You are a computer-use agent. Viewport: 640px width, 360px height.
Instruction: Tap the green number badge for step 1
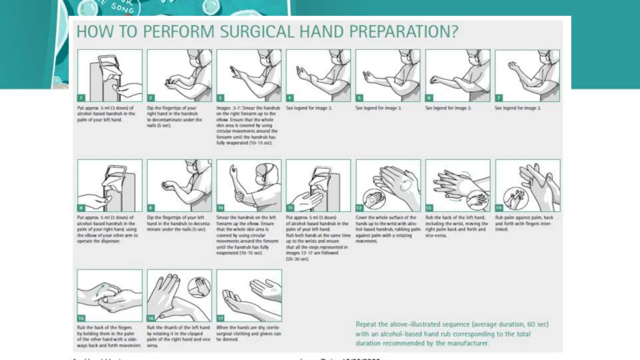pos(81,98)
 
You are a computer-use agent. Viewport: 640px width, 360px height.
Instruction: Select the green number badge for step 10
pos(221,208)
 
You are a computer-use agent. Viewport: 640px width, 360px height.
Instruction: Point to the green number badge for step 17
pos(221,318)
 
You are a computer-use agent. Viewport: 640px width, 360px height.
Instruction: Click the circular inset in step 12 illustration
pos(374,199)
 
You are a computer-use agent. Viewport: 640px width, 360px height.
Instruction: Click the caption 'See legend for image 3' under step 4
pos(309,108)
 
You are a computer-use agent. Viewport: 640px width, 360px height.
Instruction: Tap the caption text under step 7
pos(517,108)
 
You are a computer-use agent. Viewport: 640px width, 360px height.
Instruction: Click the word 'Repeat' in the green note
pos(366,324)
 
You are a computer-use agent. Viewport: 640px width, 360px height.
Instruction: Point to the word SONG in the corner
pos(122,8)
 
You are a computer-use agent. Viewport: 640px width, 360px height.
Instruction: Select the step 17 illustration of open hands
pos(249,295)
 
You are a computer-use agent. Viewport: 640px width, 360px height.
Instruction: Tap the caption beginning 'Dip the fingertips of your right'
pos(174,117)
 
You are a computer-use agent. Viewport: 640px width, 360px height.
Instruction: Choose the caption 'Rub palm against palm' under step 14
pos(524,223)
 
